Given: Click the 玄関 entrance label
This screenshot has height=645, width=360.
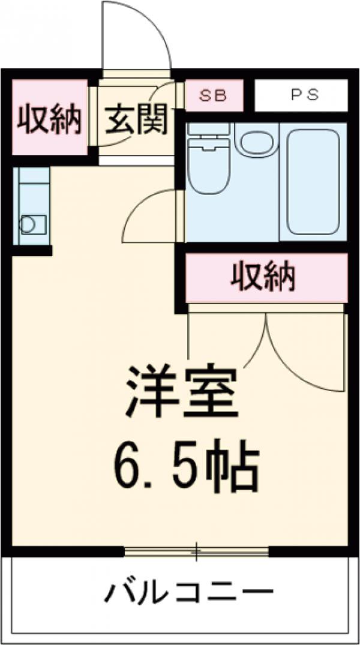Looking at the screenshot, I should click(x=136, y=121).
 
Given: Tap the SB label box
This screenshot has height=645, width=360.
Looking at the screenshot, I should click(x=214, y=96).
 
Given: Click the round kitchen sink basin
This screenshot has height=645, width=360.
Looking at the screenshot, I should click(x=29, y=224).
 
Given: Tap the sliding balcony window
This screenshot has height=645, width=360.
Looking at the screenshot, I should click(x=196, y=551).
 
